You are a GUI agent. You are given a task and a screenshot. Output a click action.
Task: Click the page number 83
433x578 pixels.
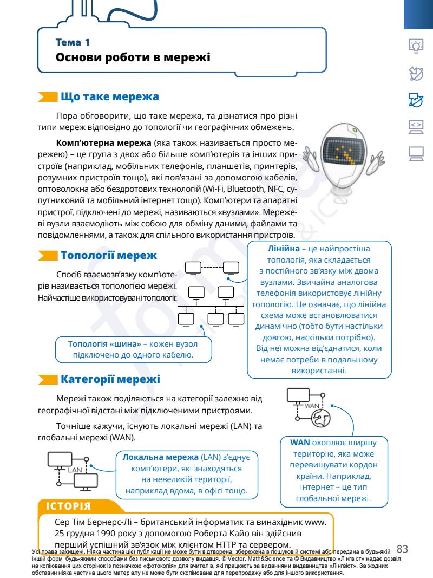417,550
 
